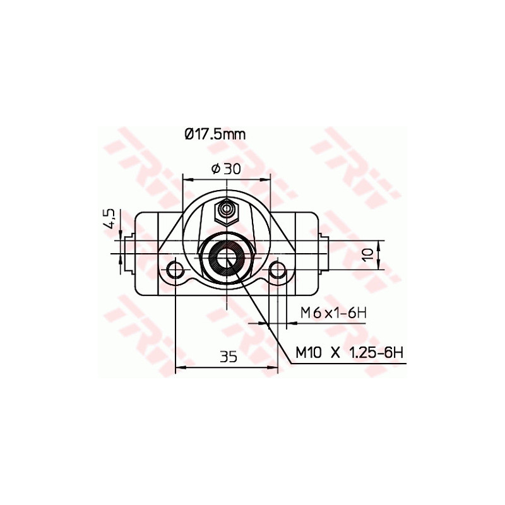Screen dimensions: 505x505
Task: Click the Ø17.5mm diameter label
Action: tap(215, 134)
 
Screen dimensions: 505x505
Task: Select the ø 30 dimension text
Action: tap(224, 169)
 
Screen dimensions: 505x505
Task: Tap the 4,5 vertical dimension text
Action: tap(109, 219)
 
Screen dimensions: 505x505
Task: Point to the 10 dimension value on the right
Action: tap(368, 254)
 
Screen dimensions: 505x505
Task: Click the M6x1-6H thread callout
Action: tap(333, 311)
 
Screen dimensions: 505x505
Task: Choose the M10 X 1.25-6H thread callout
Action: tap(349, 353)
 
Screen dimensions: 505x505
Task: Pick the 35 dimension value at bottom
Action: tap(229, 357)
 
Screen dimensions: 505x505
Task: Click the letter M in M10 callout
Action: tap(302, 353)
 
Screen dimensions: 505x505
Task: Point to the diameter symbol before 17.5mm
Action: tap(188, 134)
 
